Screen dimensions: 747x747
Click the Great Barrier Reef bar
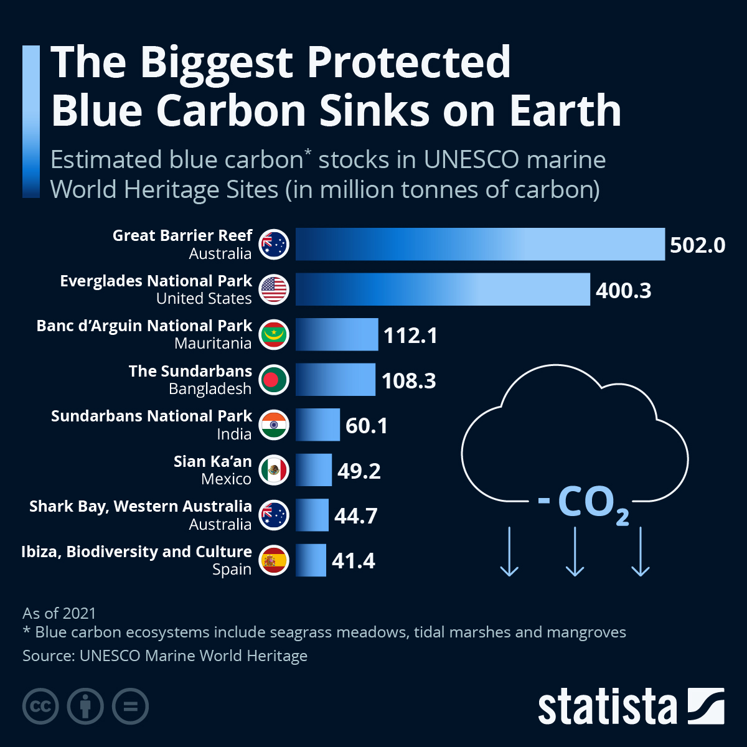point(480,244)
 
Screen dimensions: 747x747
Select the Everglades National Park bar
point(443,289)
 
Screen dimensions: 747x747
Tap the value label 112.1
point(411,336)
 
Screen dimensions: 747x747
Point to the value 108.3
point(409,380)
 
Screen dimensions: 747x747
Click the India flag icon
point(274,426)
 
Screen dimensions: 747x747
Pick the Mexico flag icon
point(274,471)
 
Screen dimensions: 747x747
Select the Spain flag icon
point(274,560)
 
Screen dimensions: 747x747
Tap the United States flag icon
point(274,289)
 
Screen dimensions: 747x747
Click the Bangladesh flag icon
point(274,380)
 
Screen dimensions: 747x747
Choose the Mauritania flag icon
point(274,335)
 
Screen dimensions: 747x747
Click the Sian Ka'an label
point(212,461)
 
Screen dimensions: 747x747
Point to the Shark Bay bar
point(312,515)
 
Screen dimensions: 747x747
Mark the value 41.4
point(354,561)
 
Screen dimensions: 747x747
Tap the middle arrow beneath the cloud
point(575,552)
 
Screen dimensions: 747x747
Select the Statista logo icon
point(706,707)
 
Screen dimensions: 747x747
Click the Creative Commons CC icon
point(40,707)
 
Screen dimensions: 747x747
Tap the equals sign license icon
point(130,707)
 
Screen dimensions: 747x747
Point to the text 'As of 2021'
point(59,613)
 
